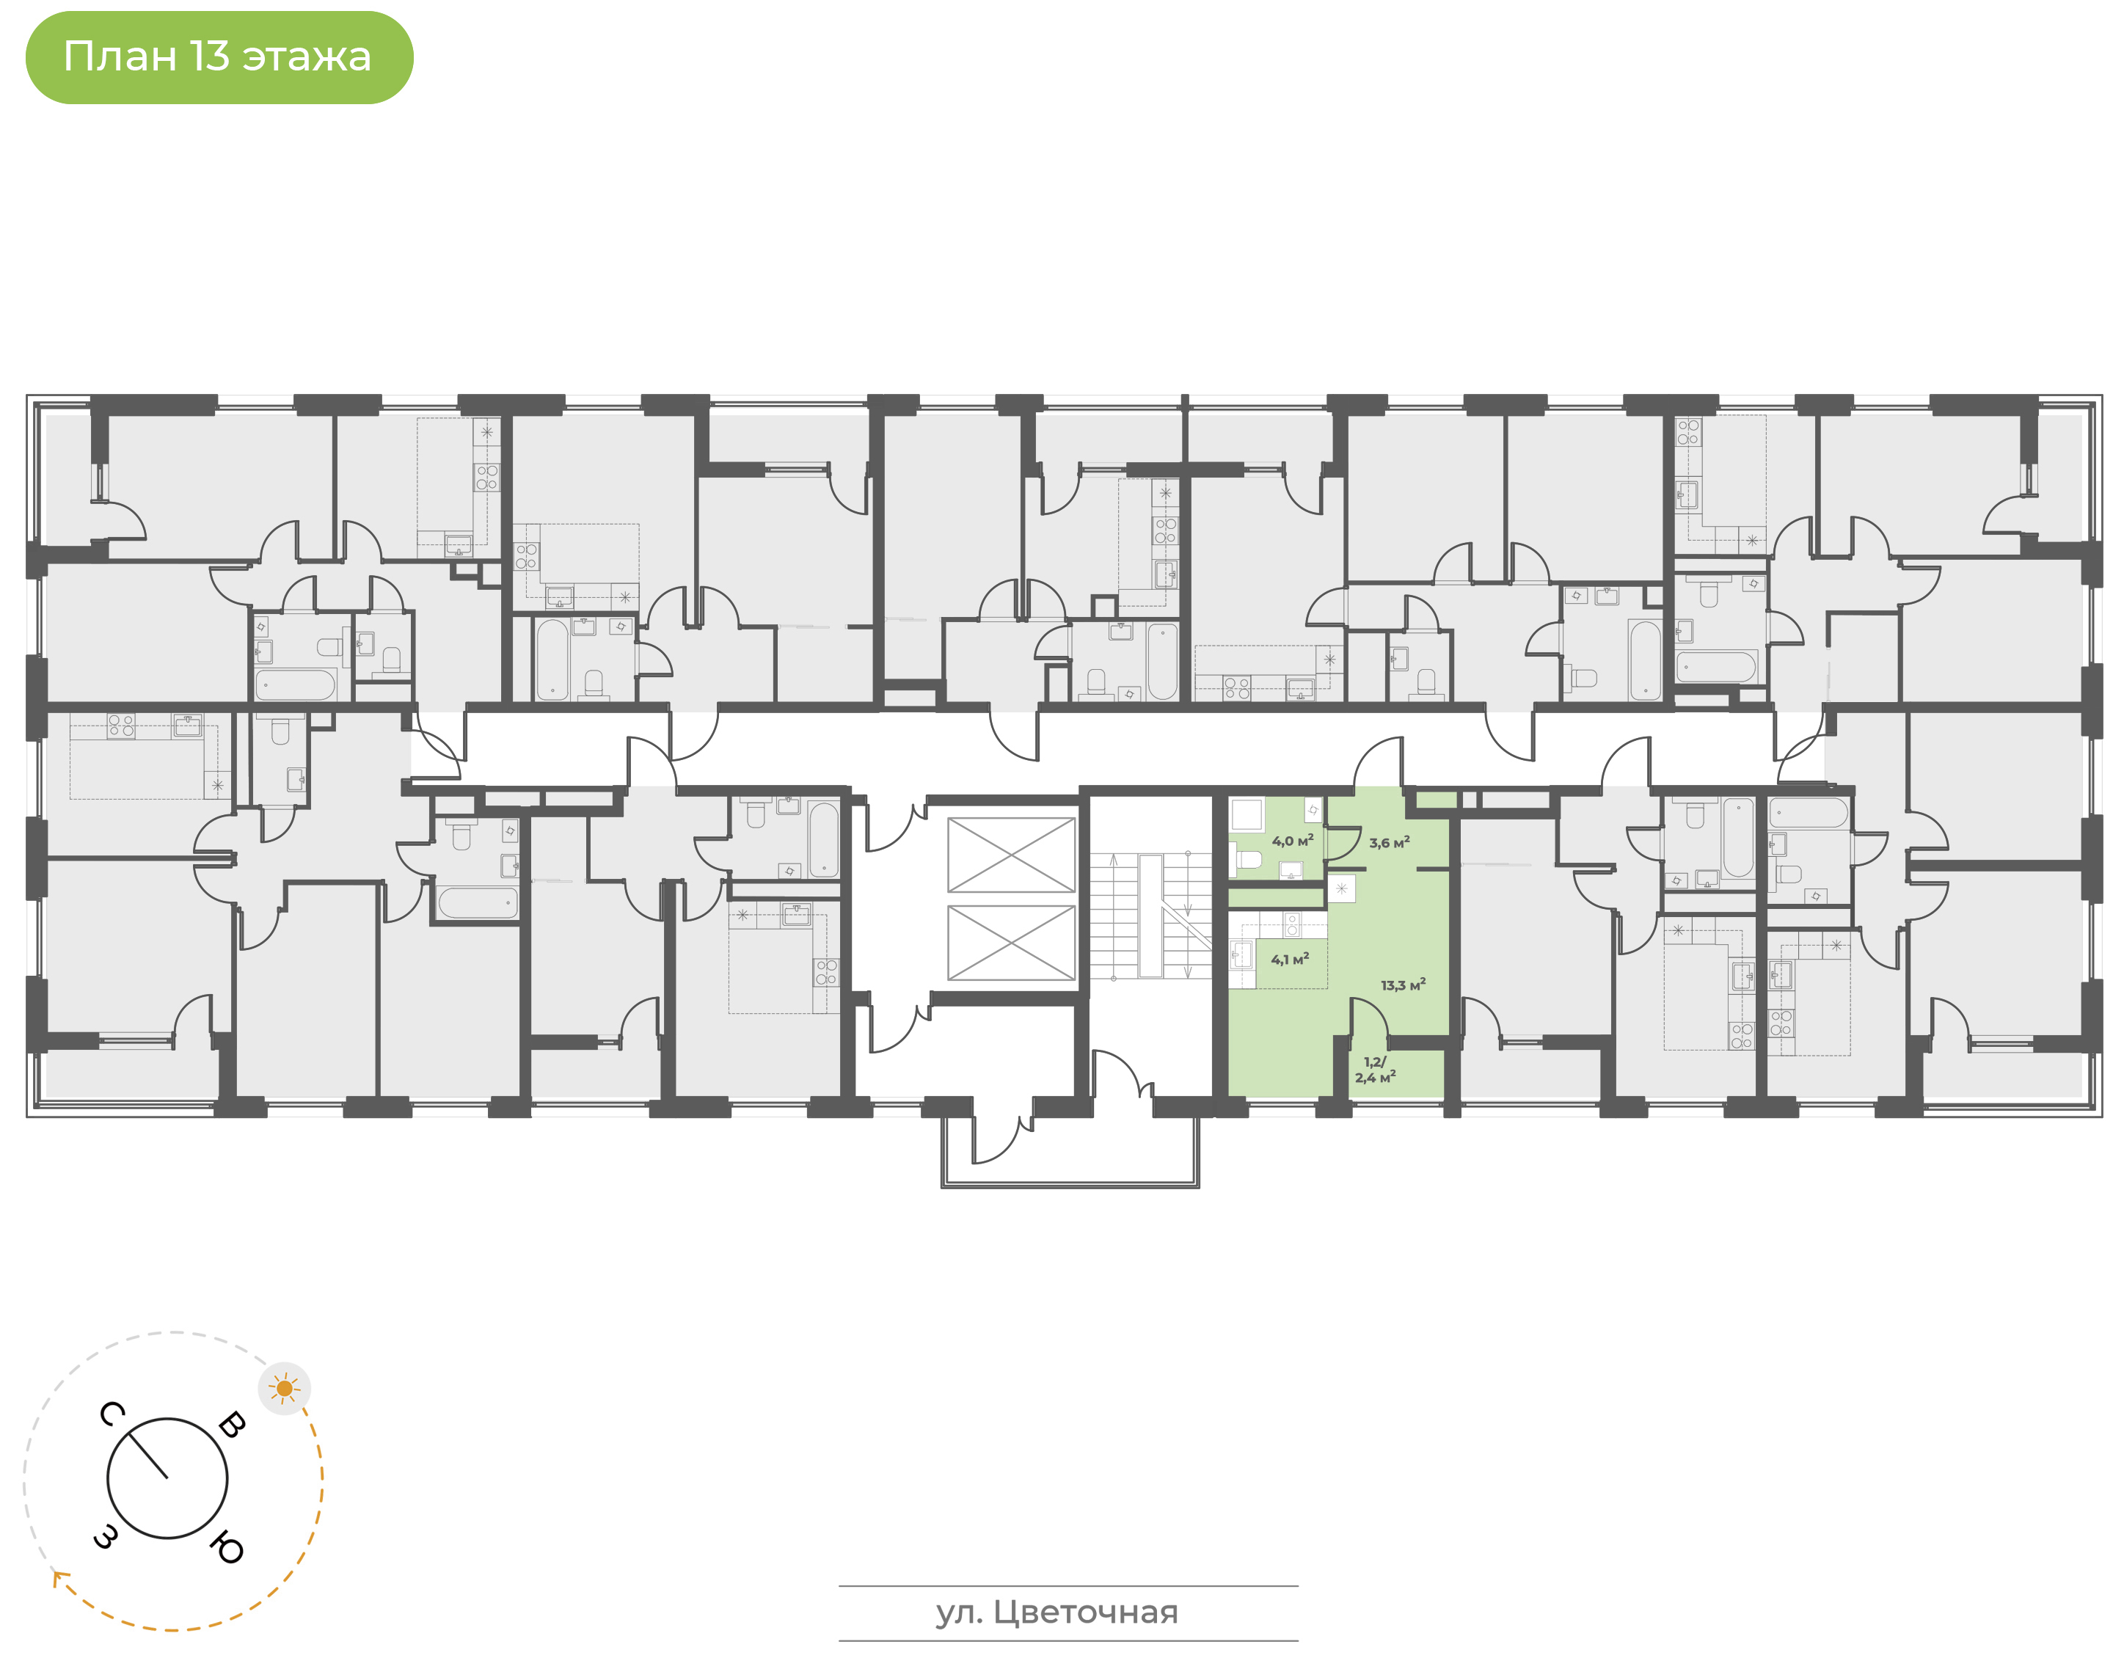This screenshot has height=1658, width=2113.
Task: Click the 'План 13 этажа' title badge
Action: pyautogui.click(x=219, y=57)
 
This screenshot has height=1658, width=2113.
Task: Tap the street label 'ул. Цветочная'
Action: pyautogui.click(x=1057, y=1613)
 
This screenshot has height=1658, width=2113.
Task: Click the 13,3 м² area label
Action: pyautogui.click(x=1404, y=985)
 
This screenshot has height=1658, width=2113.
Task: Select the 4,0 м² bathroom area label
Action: pyautogui.click(x=1293, y=841)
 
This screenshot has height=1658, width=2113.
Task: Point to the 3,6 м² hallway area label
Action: pyautogui.click(x=1390, y=843)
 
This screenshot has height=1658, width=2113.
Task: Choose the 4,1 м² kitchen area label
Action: pyautogui.click(x=1290, y=959)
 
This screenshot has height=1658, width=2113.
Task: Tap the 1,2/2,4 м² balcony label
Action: pyautogui.click(x=1376, y=1070)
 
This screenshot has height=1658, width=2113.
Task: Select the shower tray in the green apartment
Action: pyautogui.click(x=1247, y=814)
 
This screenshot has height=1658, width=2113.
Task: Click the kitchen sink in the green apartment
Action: pyautogui.click(x=1241, y=955)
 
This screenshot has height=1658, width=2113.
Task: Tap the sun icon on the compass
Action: pyautogui.click(x=285, y=1388)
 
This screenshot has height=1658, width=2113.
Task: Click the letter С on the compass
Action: pyautogui.click(x=112, y=1414)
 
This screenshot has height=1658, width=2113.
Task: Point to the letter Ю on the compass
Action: pyautogui.click(x=226, y=1547)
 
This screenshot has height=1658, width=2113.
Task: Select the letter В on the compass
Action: pyautogui.click(x=232, y=1424)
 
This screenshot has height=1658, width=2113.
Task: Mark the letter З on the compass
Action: pyautogui.click(x=106, y=1537)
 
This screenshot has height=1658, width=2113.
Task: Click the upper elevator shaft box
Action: pyautogui.click(x=1011, y=854)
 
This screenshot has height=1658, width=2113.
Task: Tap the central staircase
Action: pyautogui.click(x=1150, y=916)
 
